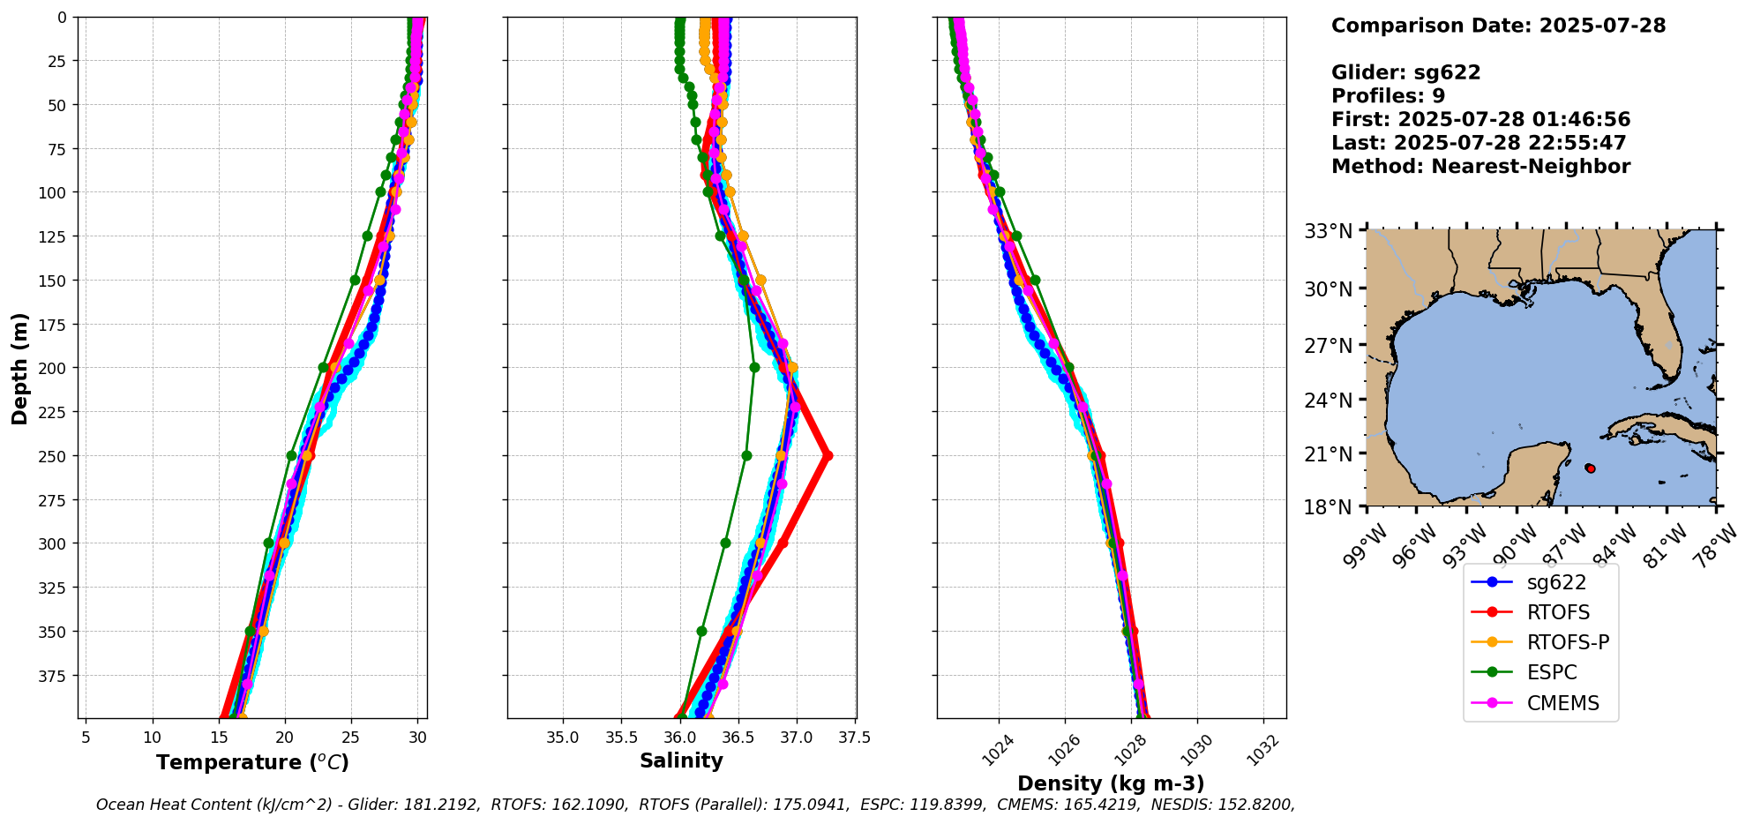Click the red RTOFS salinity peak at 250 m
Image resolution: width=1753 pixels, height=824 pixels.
827,456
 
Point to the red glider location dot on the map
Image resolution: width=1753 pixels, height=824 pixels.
1590,468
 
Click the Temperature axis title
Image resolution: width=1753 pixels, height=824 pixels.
252,762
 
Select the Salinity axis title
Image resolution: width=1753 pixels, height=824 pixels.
681,761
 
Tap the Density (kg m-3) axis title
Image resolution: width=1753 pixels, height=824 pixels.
1111,783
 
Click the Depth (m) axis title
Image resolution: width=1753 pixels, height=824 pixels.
19,368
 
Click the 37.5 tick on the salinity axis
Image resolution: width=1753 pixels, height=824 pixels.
854,737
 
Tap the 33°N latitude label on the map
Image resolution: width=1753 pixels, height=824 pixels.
1328,232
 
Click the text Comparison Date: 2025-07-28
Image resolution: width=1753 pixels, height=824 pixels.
1498,26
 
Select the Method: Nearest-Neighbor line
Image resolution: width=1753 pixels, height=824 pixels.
1480,167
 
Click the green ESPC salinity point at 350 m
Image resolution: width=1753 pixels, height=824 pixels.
701,632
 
